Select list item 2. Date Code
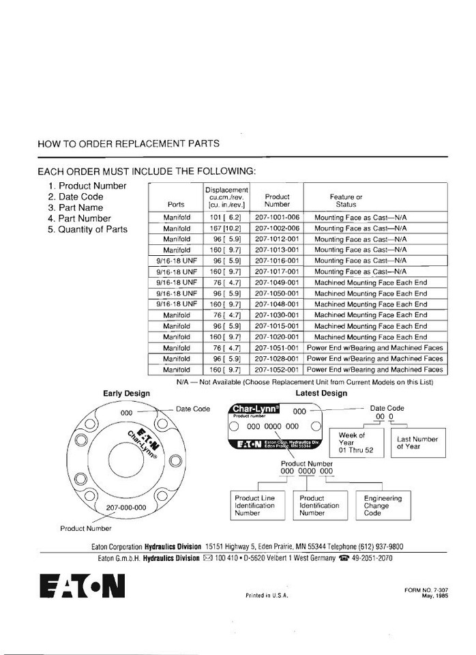click(76, 196)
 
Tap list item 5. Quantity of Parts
click(87, 229)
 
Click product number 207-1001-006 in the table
click(277, 217)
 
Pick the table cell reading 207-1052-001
click(277, 369)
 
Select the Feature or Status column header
click(346, 201)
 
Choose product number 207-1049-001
click(277, 282)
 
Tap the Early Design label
click(126, 394)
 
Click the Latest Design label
click(321, 394)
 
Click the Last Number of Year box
click(417, 443)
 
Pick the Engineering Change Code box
click(383, 506)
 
